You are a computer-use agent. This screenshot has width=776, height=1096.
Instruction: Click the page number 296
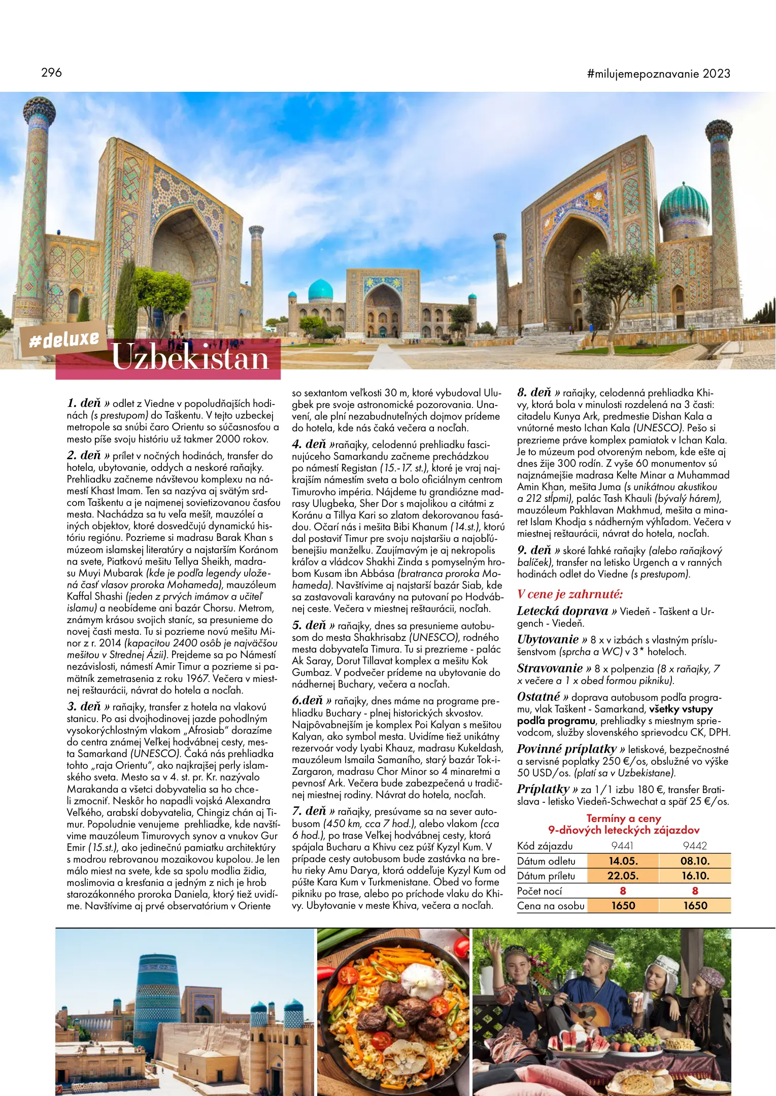click(51, 73)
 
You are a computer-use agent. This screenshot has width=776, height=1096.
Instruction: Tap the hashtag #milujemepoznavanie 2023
click(658, 74)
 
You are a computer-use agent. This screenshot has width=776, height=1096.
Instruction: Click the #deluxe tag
click(64, 339)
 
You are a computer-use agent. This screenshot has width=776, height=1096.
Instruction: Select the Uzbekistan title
click(190, 358)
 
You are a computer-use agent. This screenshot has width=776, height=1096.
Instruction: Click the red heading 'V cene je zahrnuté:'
click(569, 594)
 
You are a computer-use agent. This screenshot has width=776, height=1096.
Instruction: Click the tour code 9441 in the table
click(622, 846)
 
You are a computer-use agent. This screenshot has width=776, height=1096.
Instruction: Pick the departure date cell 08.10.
click(695, 861)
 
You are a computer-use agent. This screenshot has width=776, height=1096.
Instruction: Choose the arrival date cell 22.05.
click(623, 876)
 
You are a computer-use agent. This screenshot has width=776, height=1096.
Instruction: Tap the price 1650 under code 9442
click(695, 906)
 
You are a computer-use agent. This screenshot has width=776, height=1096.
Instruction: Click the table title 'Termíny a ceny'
click(624, 818)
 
